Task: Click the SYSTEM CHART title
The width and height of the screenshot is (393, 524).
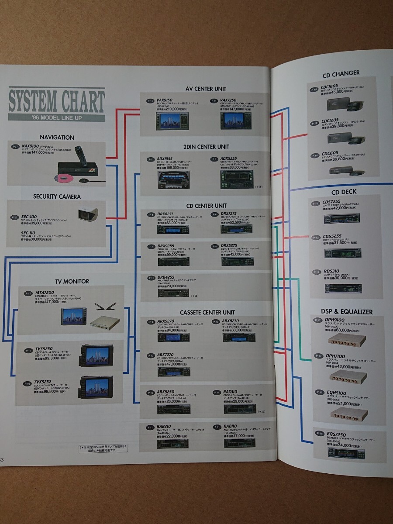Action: (x=57, y=101)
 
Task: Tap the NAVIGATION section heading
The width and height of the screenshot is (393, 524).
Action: (x=57, y=138)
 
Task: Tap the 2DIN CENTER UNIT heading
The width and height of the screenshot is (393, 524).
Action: (x=207, y=147)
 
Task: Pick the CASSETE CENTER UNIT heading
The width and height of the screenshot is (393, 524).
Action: (x=207, y=312)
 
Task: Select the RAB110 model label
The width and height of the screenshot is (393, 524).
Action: (x=231, y=427)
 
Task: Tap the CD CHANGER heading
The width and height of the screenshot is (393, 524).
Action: (x=341, y=73)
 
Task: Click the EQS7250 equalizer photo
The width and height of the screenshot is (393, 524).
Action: (x=347, y=452)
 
